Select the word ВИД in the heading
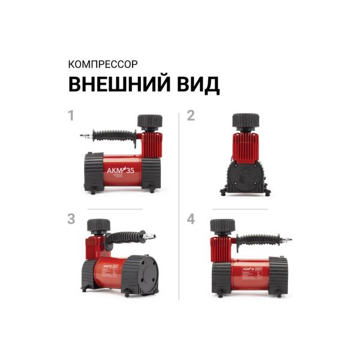[x=196, y=85]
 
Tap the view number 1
[x=71, y=116]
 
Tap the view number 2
[x=191, y=116]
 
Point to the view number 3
[x=71, y=219]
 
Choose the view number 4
[x=191, y=219]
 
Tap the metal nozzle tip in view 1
[x=85, y=136]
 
